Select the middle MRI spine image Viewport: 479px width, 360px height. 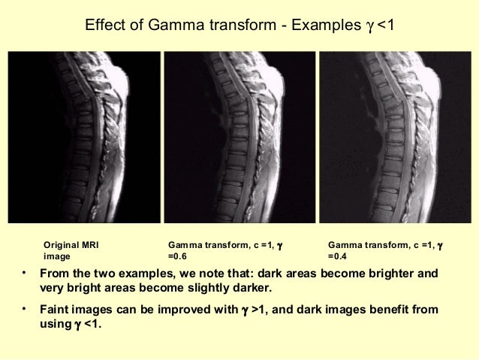click(239, 137)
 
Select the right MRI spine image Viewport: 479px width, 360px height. click(395, 137)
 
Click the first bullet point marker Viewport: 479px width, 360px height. click(25, 271)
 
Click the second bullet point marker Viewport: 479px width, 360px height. click(25, 307)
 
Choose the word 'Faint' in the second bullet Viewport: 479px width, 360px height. click(56, 310)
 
